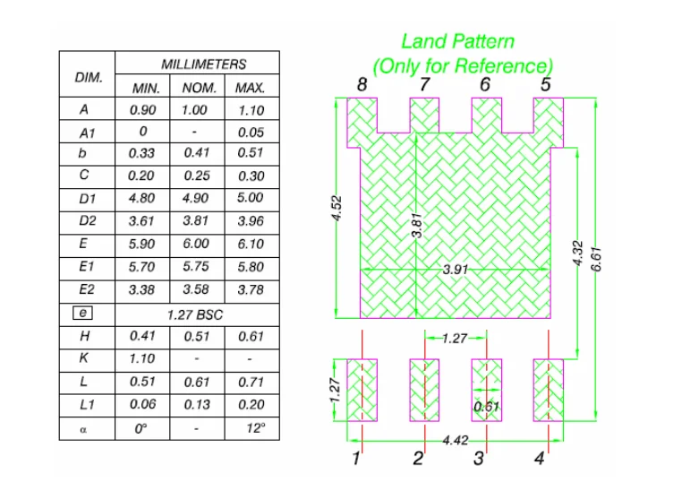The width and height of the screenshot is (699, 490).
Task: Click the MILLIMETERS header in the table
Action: [x=203, y=64]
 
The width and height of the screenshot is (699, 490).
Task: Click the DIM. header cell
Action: [x=89, y=77]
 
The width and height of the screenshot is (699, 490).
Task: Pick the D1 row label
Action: [x=87, y=198]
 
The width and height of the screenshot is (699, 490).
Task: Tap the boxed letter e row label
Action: [x=81, y=314]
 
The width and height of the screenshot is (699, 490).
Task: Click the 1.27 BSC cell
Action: [x=195, y=314]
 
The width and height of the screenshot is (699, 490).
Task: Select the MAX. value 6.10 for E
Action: [x=251, y=244]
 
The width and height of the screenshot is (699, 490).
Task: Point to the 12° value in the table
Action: [x=256, y=428]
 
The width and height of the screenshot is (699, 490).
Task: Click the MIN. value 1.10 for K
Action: [x=141, y=358]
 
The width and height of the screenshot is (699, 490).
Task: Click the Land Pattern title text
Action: [x=457, y=41]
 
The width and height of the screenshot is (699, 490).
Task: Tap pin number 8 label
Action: [x=361, y=85]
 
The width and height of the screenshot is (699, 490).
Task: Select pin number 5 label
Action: [x=545, y=85]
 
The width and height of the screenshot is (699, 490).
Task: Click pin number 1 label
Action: [x=356, y=460]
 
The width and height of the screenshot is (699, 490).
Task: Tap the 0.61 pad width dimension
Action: [x=487, y=406]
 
